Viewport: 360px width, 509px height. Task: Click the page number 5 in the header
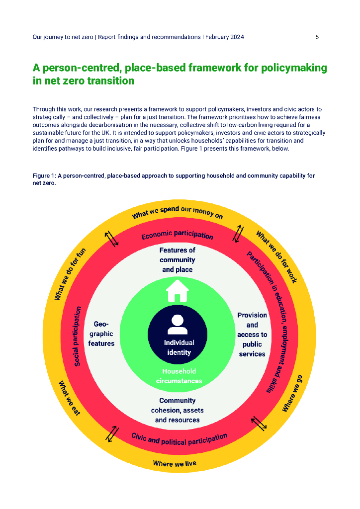[317, 37]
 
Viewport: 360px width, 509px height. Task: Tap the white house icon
[178, 291]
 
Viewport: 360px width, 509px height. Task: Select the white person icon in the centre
[177, 325]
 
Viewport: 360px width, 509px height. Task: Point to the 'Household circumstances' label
[178, 376]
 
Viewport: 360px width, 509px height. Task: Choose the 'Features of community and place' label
[178, 260]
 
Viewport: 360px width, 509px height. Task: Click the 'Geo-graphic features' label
[101, 334]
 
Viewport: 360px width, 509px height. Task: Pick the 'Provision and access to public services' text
[252, 335]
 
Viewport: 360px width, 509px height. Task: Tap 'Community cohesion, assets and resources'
[178, 410]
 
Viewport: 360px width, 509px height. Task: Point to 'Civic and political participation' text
[179, 438]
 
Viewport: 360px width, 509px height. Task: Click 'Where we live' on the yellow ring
[175, 464]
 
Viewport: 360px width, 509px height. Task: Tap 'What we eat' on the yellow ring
[69, 398]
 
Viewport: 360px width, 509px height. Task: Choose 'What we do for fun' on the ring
[70, 274]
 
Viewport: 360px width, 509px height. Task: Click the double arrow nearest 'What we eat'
[112, 433]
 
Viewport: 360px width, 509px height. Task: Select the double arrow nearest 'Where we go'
[259, 423]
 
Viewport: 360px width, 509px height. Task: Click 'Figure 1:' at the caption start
[45, 176]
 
